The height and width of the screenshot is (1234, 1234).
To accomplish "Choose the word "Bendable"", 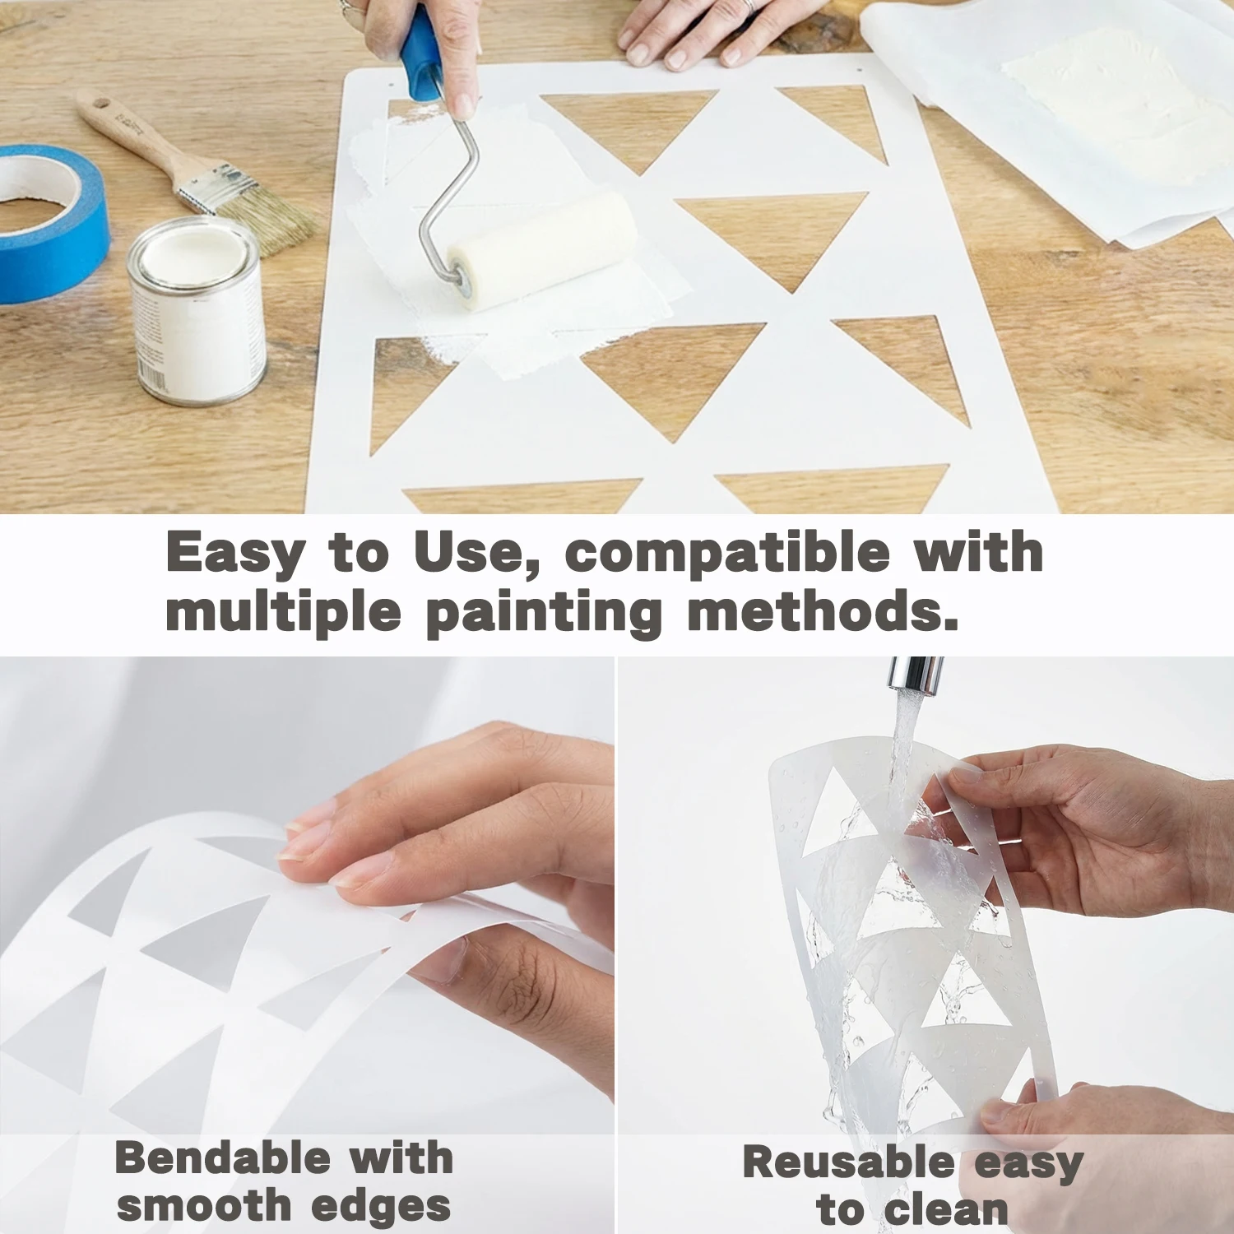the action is click(x=220, y=1158).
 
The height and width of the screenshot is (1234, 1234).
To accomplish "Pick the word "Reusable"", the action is click(x=848, y=1162).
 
